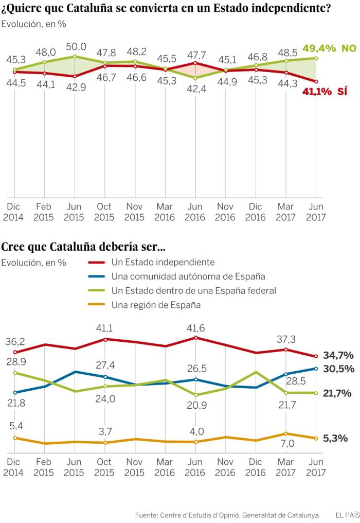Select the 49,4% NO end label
(x=329, y=48)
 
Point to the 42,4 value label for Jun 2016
(x=195, y=88)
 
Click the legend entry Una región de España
(x=155, y=305)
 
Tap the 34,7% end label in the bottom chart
(x=338, y=355)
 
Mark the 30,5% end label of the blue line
(x=338, y=369)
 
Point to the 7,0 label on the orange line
(x=287, y=443)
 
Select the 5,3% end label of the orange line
(x=335, y=439)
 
